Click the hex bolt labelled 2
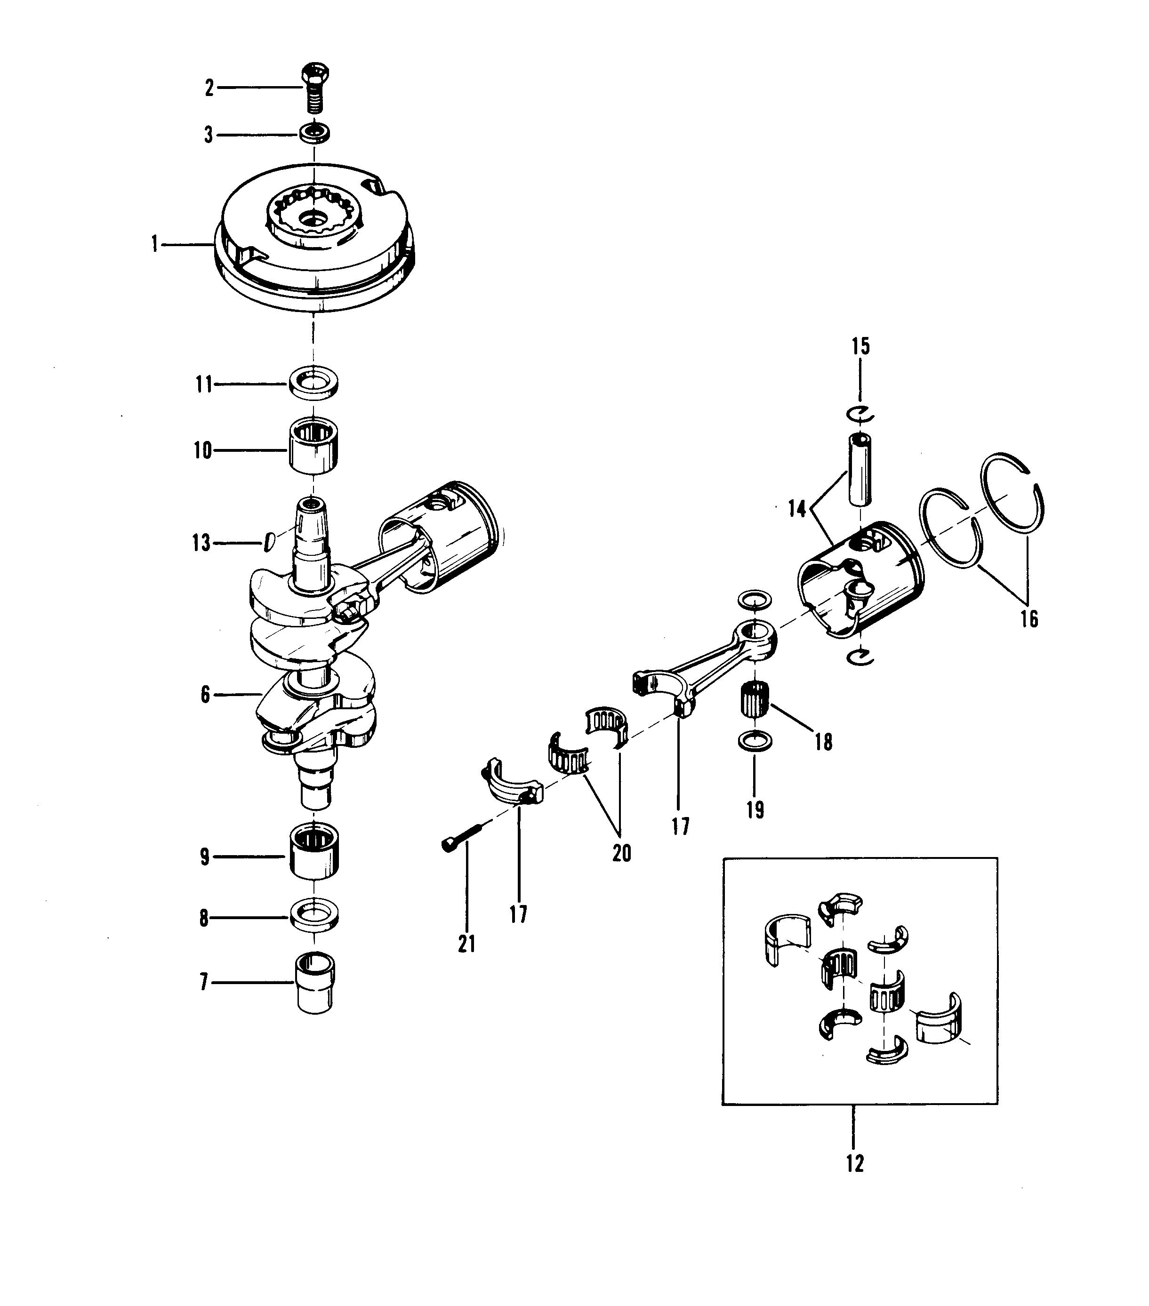[x=314, y=88]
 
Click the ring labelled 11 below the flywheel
[x=313, y=384]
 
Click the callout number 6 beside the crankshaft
[x=205, y=695]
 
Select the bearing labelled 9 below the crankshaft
[x=314, y=852]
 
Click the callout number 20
[x=622, y=853]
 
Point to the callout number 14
[x=797, y=509]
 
